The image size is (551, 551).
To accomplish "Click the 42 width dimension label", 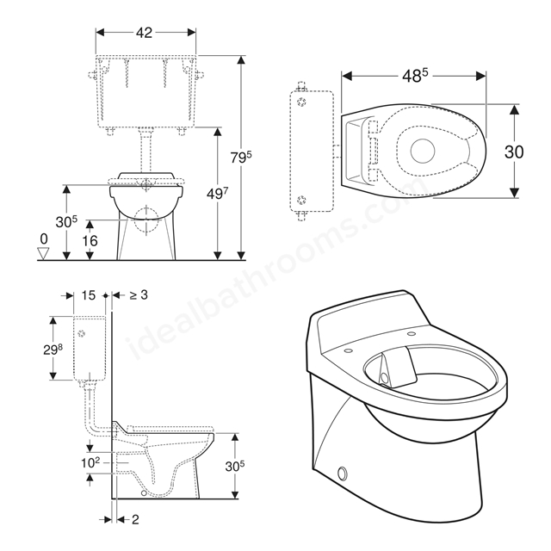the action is pos(144,33).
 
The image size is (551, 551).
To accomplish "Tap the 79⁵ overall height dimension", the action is pos(241,157).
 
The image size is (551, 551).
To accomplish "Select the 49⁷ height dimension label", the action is pos(217,193).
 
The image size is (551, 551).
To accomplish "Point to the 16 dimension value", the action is pos(90,241).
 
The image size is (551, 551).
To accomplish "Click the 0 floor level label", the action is pos(44,239).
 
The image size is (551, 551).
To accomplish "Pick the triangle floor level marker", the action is pos(43,253).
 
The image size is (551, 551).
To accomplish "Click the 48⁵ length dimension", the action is pos(415,76).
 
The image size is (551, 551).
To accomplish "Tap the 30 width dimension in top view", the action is pos(514,152).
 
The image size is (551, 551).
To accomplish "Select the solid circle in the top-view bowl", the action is pos(423,151).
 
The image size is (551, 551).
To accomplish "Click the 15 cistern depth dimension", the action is pos(89,295).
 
